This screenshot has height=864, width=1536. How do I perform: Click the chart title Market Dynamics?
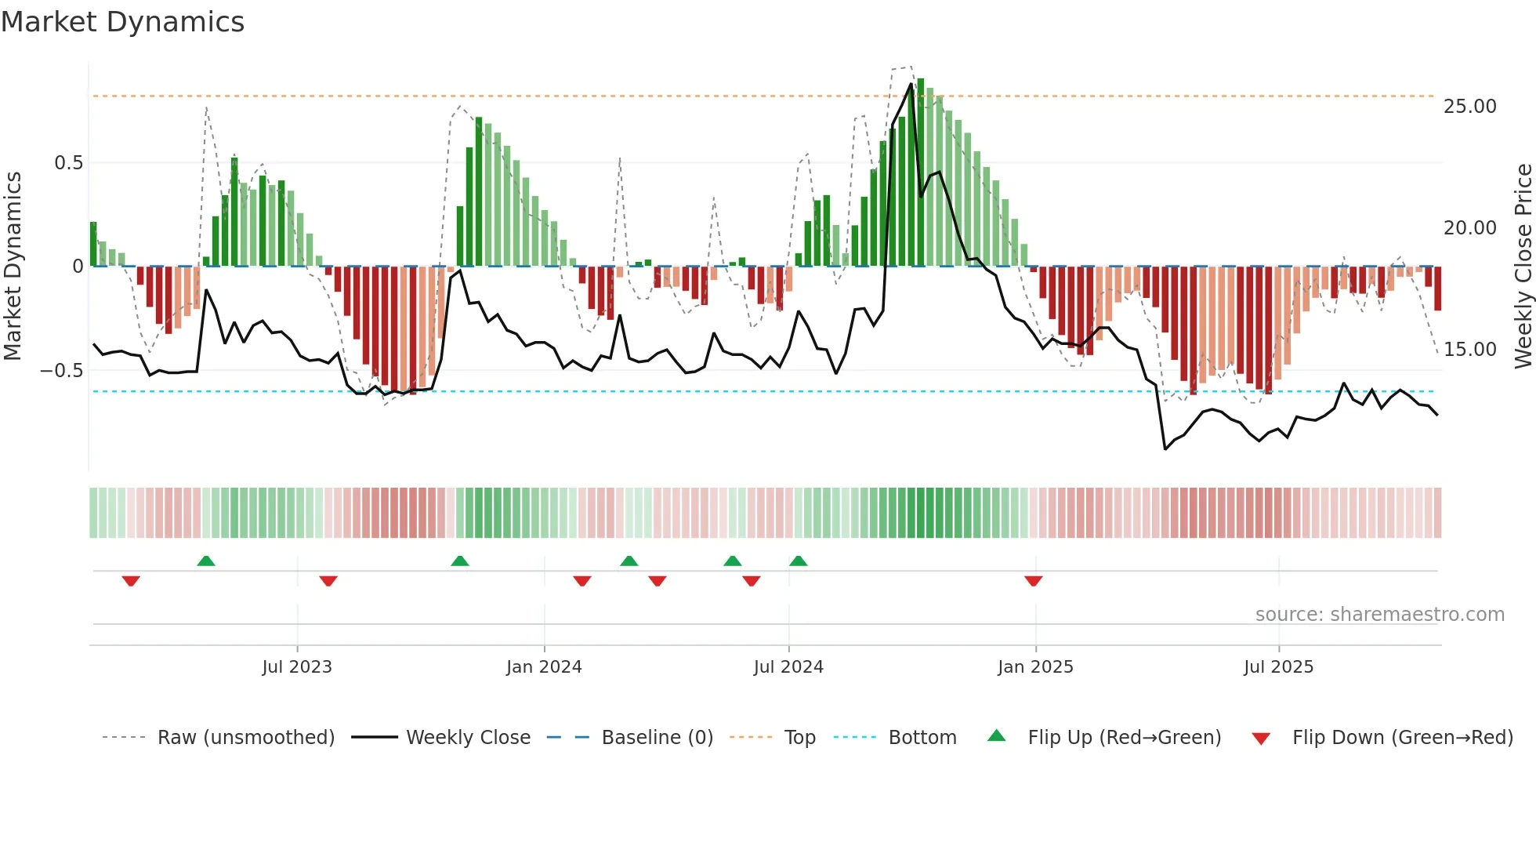click(x=122, y=22)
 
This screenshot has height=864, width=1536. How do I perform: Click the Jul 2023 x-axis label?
click(x=297, y=667)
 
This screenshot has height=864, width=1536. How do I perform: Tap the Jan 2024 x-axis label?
click(x=544, y=667)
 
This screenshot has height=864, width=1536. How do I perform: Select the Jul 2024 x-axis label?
click(x=788, y=667)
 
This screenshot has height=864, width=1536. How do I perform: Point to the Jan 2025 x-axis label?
click(x=1035, y=667)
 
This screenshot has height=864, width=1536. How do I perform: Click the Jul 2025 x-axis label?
click(x=1278, y=667)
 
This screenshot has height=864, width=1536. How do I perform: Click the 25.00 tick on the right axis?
click(x=1469, y=107)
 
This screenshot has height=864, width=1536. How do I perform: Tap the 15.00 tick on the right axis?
click(x=1469, y=350)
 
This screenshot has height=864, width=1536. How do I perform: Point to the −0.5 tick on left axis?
click(x=61, y=370)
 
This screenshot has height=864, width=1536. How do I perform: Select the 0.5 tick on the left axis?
click(x=68, y=163)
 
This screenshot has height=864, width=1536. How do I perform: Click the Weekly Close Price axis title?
click(x=1523, y=266)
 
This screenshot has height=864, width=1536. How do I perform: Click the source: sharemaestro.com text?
click(x=1379, y=615)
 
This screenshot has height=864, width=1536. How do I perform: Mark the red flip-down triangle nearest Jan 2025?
click(x=1033, y=581)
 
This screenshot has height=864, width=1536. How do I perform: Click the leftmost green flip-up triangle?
click(x=206, y=561)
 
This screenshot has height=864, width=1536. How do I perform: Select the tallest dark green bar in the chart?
click(x=921, y=172)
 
